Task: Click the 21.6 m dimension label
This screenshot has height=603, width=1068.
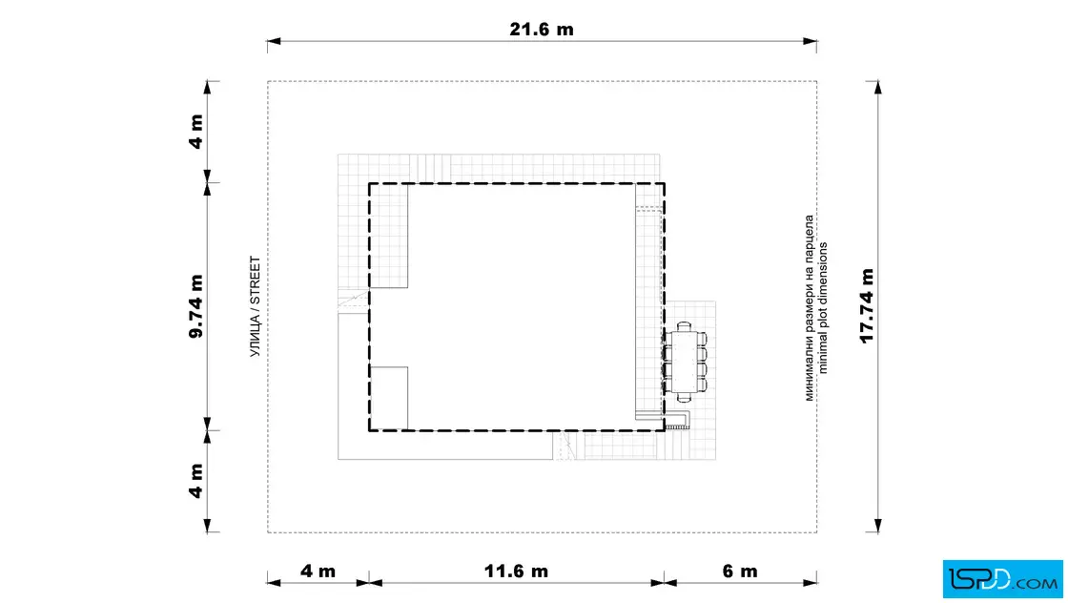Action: point(542,30)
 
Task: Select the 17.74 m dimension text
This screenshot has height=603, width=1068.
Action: point(867,306)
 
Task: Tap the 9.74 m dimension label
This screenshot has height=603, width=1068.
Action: point(196,306)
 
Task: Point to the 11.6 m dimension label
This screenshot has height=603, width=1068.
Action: point(516,571)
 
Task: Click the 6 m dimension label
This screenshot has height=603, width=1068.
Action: point(740,571)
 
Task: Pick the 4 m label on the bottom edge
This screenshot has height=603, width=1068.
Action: point(318,571)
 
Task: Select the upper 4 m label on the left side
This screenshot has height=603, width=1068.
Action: point(196,132)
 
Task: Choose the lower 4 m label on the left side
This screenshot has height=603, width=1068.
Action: point(196,481)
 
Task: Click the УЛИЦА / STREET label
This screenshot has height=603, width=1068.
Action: point(256,306)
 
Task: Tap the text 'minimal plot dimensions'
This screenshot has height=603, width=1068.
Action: point(824,308)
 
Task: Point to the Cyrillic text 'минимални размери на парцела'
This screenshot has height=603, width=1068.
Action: point(810,308)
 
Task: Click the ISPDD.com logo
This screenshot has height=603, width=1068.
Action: point(1002,579)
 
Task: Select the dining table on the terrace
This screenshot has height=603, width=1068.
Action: point(685,361)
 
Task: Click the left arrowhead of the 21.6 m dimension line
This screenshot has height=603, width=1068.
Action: point(274,42)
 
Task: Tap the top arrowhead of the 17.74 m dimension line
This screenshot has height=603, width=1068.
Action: point(878,87)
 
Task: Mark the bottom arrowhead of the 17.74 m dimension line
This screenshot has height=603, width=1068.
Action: point(878,526)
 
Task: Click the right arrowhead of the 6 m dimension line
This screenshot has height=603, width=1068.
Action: point(810,583)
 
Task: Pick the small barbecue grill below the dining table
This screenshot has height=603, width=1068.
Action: point(677,420)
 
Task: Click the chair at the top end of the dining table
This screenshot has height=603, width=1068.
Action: point(685,326)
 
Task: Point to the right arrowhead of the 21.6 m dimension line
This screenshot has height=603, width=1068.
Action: point(810,42)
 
